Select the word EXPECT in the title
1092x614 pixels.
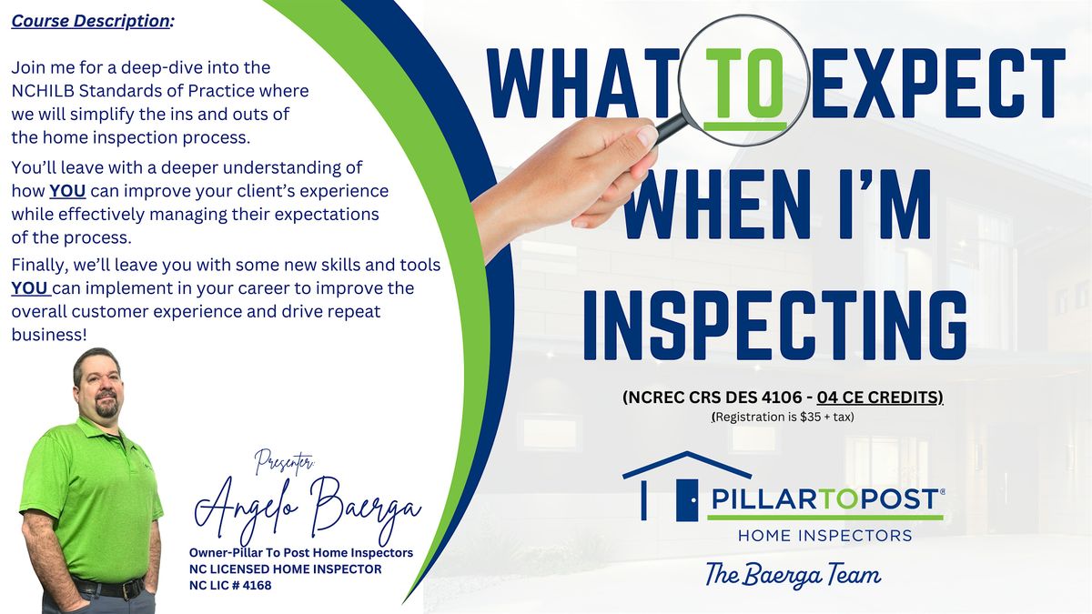[937, 83]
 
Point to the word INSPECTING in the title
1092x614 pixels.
[775, 325]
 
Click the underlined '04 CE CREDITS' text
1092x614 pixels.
[880, 398]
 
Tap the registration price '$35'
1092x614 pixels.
[810, 418]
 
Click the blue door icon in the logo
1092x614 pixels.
[687, 499]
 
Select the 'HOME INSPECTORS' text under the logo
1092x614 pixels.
[824, 536]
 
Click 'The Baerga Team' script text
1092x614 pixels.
[794, 575]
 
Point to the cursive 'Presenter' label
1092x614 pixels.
[285, 461]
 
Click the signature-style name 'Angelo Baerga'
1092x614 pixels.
[308, 509]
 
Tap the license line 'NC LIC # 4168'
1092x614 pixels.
[230, 585]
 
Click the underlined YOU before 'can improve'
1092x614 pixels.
[67, 191]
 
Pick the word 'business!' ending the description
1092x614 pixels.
[49, 335]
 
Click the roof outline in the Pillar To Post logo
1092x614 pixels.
[686, 465]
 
